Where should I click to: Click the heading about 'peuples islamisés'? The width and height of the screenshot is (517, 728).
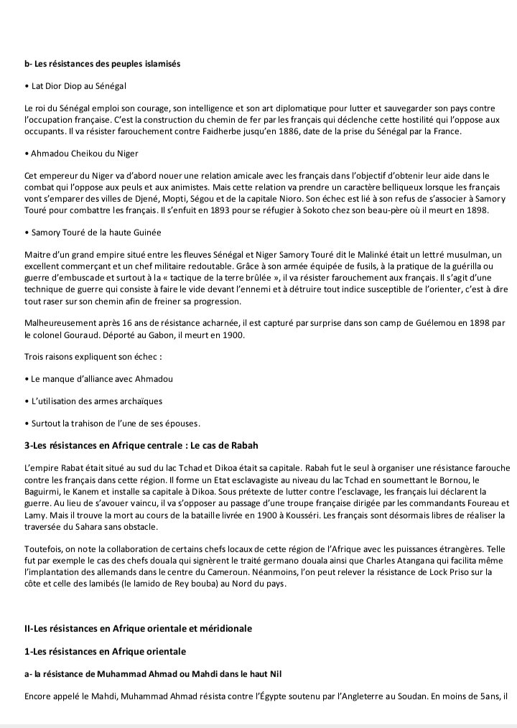(x=102, y=64)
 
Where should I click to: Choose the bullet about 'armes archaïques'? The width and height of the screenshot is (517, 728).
(x=93, y=401)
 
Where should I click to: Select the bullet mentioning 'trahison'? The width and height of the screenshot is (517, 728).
(x=112, y=422)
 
